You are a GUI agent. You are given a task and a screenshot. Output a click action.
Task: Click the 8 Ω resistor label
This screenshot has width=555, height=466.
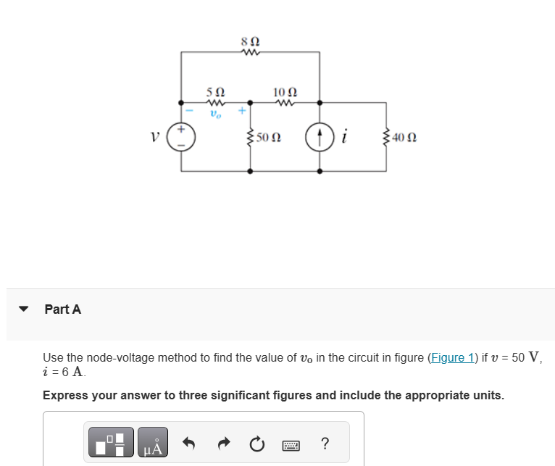click(x=250, y=41)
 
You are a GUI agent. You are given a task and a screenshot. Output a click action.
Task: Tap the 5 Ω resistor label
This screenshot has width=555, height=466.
click(x=215, y=92)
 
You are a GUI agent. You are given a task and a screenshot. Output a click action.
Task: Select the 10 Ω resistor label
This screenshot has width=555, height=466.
click(x=285, y=91)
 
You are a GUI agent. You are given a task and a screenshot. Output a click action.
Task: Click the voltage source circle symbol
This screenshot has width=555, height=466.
click(x=180, y=137)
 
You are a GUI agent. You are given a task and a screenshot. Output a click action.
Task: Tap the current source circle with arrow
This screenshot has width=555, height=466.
click(x=320, y=136)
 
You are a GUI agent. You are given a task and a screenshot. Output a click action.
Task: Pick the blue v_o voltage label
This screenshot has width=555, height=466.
click(x=215, y=114)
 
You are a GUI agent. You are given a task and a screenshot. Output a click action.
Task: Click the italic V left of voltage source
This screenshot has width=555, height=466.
click(x=154, y=136)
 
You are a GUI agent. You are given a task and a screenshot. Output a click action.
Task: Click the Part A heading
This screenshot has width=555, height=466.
click(x=63, y=309)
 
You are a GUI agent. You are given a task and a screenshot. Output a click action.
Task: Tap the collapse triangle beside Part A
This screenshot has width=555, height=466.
click(x=23, y=309)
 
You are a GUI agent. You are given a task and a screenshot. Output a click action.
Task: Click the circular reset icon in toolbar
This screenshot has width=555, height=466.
click(x=256, y=443)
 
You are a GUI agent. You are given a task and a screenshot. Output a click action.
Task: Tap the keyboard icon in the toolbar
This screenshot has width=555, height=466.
click(x=291, y=443)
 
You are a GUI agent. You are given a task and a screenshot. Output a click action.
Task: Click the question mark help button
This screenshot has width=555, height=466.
click(x=325, y=443)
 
